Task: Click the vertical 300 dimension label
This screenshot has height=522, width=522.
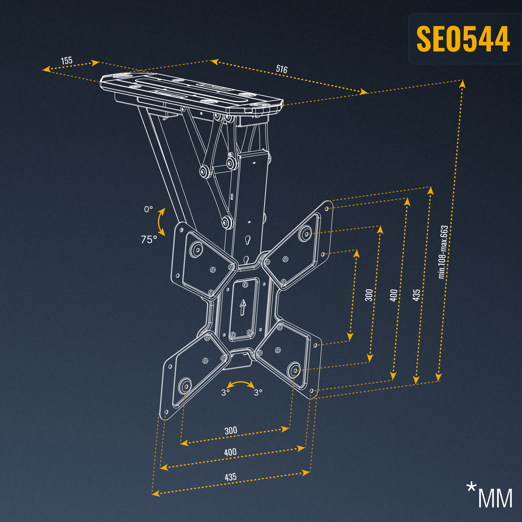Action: tap(369, 295)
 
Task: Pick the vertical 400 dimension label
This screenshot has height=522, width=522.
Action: tap(394, 295)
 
